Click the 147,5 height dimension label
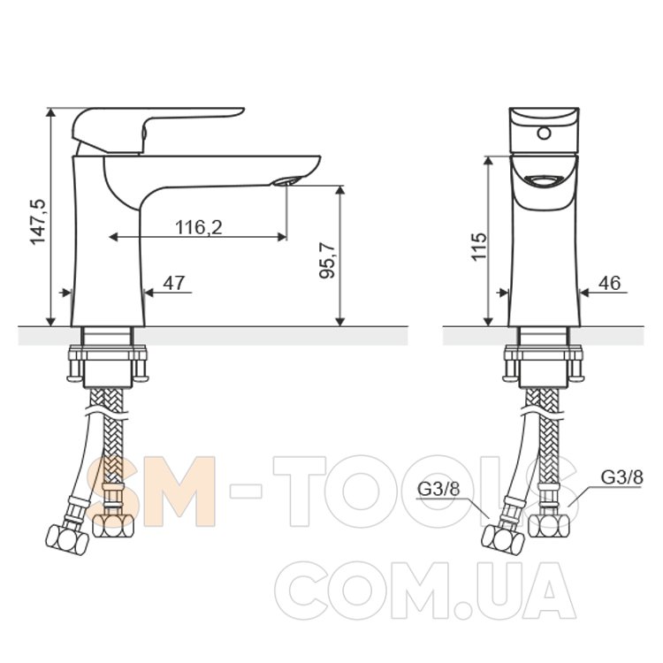coord(38,222)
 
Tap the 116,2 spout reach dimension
coord(198,227)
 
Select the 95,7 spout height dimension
coord(327,261)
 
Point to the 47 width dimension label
coord(174,283)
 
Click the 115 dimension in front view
coord(479,247)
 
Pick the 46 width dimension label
coord(609,283)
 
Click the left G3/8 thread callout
coord(438,489)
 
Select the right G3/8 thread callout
coord(622,477)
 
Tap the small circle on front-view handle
coord(544,133)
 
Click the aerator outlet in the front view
coord(544,181)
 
